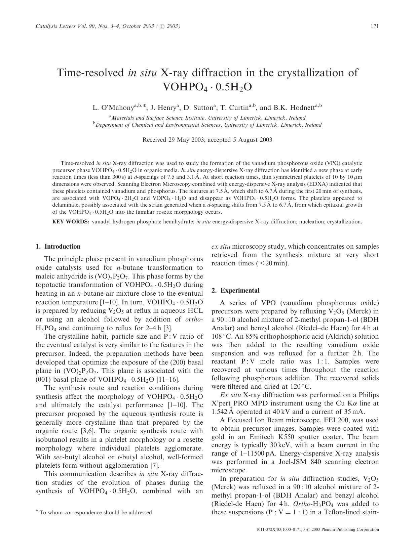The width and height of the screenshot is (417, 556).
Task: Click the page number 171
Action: (x=375, y=26)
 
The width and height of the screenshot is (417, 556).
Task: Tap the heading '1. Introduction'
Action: (x=58, y=246)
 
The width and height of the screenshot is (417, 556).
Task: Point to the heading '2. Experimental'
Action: (x=235, y=290)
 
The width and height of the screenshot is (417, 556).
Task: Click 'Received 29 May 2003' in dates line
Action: (x=171, y=140)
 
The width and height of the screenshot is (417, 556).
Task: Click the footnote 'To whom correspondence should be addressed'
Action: (x=96, y=512)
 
